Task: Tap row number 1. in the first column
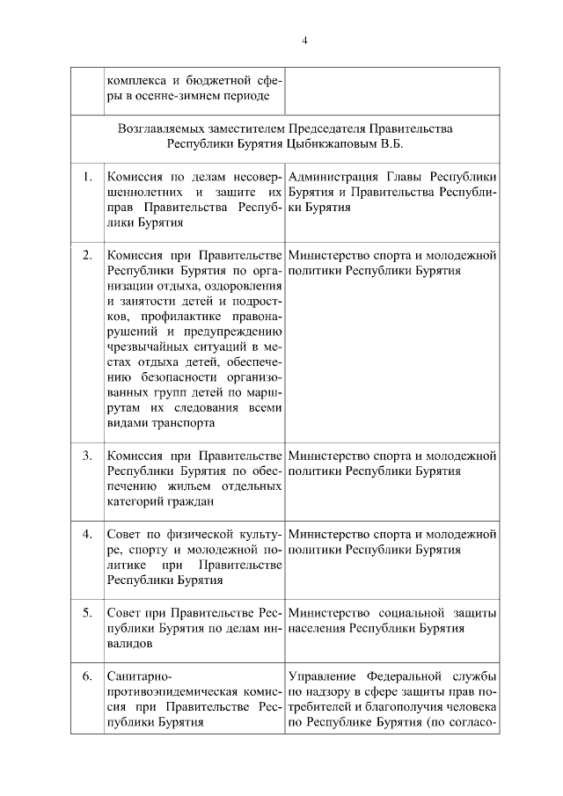pyautogui.click(x=87, y=176)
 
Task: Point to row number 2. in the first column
pyautogui.click(x=87, y=255)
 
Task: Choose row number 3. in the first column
pyautogui.click(x=87, y=456)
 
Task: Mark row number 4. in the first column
pyautogui.click(x=87, y=534)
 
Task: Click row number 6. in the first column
pyautogui.click(x=87, y=676)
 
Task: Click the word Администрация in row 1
pyautogui.click(x=333, y=176)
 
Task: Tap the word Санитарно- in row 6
pyautogui.click(x=140, y=676)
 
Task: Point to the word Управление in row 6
pyautogui.click(x=320, y=676)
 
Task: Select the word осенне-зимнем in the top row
pyautogui.click(x=177, y=95)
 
